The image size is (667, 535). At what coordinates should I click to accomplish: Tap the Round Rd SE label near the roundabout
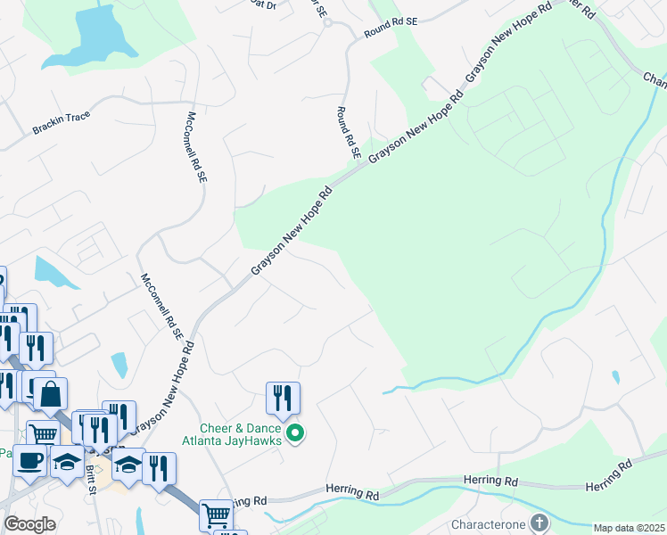click(x=391, y=32)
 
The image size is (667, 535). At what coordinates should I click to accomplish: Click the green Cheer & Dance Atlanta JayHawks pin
click(x=296, y=434)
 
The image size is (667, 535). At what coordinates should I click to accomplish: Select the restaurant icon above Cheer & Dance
click(x=283, y=398)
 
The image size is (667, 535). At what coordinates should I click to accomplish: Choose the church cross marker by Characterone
click(x=539, y=522)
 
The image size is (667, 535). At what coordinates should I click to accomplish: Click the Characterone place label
click(x=490, y=522)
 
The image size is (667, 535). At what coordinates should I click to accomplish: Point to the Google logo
click(x=30, y=524)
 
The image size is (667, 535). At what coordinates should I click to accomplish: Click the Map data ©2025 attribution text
click(x=630, y=528)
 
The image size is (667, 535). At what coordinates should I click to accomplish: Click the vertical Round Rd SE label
click(x=347, y=133)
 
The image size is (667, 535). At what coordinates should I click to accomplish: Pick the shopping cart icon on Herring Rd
click(x=216, y=514)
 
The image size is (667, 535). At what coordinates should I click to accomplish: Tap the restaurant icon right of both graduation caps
click(x=159, y=469)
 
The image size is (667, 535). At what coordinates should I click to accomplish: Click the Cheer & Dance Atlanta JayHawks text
click(x=232, y=434)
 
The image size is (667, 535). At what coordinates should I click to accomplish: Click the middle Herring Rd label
click(x=490, y=480)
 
